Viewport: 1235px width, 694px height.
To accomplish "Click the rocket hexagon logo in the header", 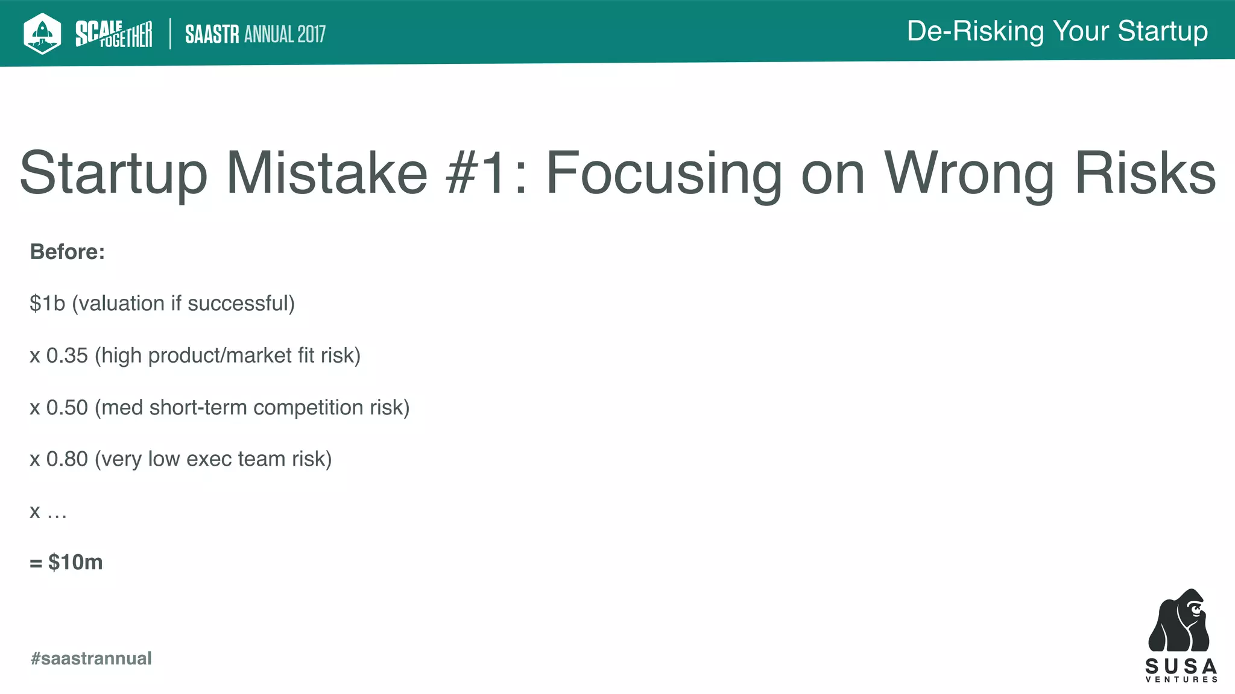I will click(x=42, y=33).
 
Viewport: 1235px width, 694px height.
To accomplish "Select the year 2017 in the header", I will click(x=311, y=34).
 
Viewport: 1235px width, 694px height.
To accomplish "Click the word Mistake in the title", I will click(x=326, y=173).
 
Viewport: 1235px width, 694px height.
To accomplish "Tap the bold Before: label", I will click(x=68, y=252).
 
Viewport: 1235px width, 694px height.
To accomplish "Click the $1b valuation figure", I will click(x=47, y=304).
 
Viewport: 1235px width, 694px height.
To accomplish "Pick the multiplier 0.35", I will click(x=67, y=355).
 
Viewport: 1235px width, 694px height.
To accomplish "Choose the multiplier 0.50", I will click(x=67, y=407).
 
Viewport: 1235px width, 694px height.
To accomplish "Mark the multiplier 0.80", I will click(x=67, y=459).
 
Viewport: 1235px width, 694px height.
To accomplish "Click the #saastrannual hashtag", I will click(x=91, y=658).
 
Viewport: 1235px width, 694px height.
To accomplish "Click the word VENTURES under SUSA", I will click(x=1181, y=680).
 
